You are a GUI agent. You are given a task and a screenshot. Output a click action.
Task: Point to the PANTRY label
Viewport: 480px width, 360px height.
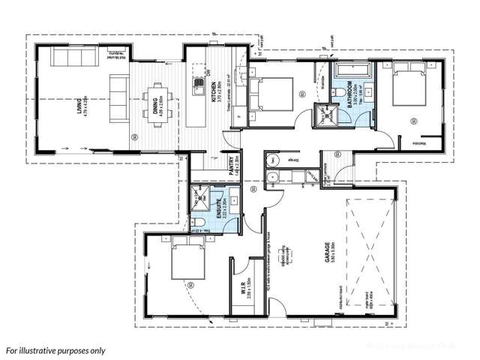233,164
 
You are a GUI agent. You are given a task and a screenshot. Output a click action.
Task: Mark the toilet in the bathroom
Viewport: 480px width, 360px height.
340,93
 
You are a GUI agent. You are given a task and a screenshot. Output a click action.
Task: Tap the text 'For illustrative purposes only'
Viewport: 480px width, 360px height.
55,349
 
